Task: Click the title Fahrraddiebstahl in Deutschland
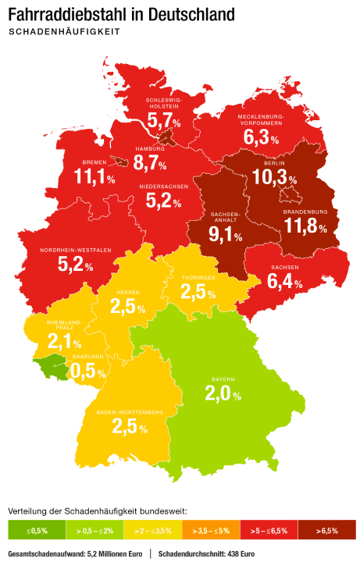[120, 14]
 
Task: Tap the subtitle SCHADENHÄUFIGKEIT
[63, 32]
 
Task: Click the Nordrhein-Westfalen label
[76, 250]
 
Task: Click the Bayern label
[223, 379]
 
